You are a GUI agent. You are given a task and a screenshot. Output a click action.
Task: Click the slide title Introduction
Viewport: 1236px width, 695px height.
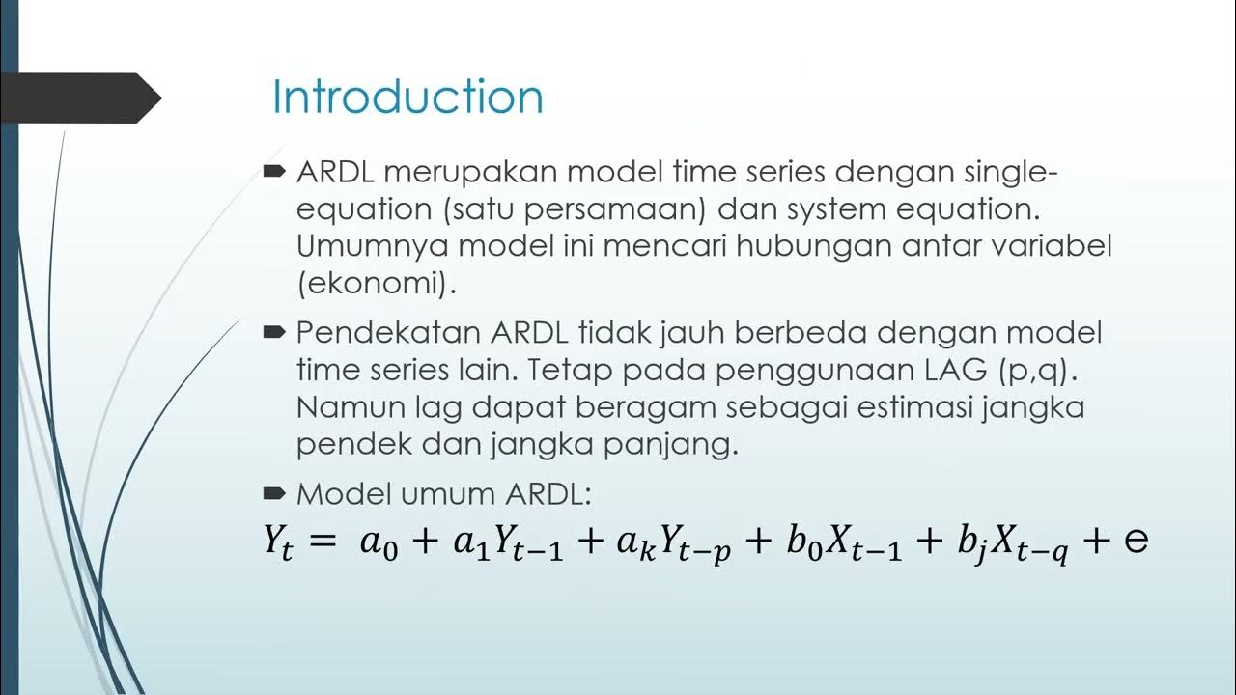[x=407, y=97]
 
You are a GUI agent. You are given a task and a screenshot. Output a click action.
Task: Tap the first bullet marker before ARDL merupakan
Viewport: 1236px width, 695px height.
[x=273, y=172]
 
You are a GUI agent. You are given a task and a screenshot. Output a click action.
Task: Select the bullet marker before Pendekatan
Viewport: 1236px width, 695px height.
[x=273, y=332]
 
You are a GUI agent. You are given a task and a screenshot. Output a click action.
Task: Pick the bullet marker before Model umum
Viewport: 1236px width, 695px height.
[x=273, y=493]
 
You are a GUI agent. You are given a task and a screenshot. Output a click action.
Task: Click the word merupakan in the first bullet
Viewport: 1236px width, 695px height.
[x=484, y=174]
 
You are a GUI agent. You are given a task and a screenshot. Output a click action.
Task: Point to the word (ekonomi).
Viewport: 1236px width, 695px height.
[x=377, y=284]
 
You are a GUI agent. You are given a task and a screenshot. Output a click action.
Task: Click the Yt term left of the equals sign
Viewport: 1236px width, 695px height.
[x=278, y=542]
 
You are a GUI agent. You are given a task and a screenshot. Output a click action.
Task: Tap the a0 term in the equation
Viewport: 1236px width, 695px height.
[x=378, y=542]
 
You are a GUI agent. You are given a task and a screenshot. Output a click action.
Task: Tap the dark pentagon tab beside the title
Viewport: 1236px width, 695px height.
[x=82, y=97]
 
